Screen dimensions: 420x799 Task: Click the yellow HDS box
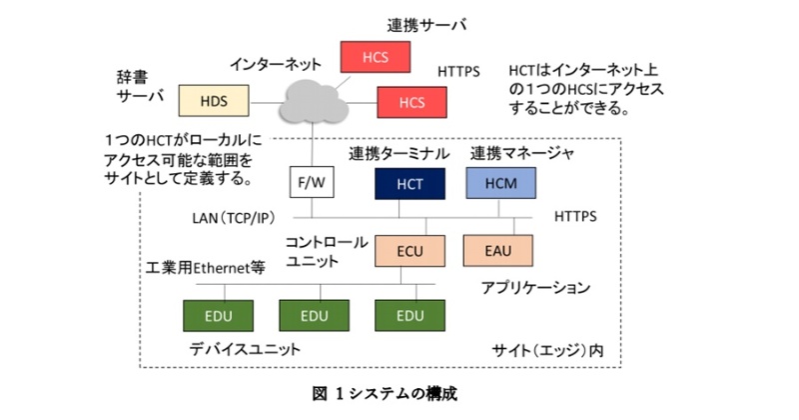pyautogui.click(x=213, y=100)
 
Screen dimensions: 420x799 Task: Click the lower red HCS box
pyautogui.click(x=411, y=102)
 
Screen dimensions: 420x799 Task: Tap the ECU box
pyautogui.click(x=410, y=250)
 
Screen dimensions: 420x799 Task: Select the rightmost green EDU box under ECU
pyautogui.click(x=410, y=315)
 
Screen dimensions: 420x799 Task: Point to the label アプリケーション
pyautogui.click(x=535, y=288)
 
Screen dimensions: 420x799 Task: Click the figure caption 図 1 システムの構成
pyautogui.click(x=396, y=393)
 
